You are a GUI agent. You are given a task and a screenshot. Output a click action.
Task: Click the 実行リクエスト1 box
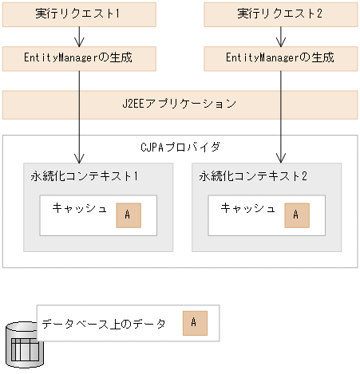point(80,14)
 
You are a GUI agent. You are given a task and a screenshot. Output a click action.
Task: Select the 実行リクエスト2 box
point(280,14)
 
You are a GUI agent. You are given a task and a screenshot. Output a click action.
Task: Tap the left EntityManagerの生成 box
point(80,57)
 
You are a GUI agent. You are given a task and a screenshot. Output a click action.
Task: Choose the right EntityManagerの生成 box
point(280,57)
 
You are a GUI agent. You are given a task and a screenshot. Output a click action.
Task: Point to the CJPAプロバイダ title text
point(180,147)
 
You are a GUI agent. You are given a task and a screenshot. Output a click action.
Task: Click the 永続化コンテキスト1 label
point(80,175)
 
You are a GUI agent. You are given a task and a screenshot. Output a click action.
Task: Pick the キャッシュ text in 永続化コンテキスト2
point(247,208)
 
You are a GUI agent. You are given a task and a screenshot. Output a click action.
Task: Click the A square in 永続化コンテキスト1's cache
point(127,215)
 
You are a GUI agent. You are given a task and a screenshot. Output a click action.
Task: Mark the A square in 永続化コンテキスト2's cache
point(295,215)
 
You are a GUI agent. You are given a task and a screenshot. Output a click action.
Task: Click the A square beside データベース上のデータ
point(194,323)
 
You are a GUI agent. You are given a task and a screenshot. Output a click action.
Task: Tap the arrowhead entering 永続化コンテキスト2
point(281,159)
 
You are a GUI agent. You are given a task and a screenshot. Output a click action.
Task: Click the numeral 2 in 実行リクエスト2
point(320,14)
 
